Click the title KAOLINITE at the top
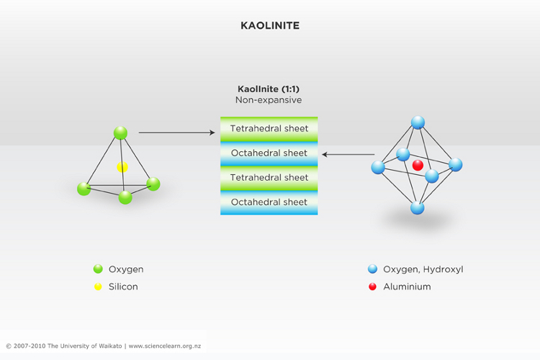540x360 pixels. [270, 25]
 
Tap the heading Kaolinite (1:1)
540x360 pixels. [269, 89]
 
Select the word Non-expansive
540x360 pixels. [269, 100]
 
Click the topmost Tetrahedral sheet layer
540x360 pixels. [269, 129]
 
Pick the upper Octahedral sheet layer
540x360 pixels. [269, 153]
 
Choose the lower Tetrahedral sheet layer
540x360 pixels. [269, 178]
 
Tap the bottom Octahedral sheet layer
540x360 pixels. [269, 202]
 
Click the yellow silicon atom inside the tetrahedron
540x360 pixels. [122, 167]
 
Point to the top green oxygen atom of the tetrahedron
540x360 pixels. [120, 132]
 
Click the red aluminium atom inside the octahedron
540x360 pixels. [418, 166]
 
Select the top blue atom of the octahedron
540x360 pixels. [418, 122]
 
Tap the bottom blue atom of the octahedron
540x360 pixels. [418, 208]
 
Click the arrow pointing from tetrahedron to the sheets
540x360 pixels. [177, 132]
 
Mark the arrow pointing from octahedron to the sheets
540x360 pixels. [348, 154]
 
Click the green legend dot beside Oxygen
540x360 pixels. [98, 269]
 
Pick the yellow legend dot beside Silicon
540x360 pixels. [98, 287]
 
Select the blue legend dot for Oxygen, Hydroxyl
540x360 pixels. [372, 269]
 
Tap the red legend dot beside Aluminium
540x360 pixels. [372, 287]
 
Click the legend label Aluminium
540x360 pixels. [407, 287]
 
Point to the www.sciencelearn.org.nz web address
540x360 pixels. [165, 346]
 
